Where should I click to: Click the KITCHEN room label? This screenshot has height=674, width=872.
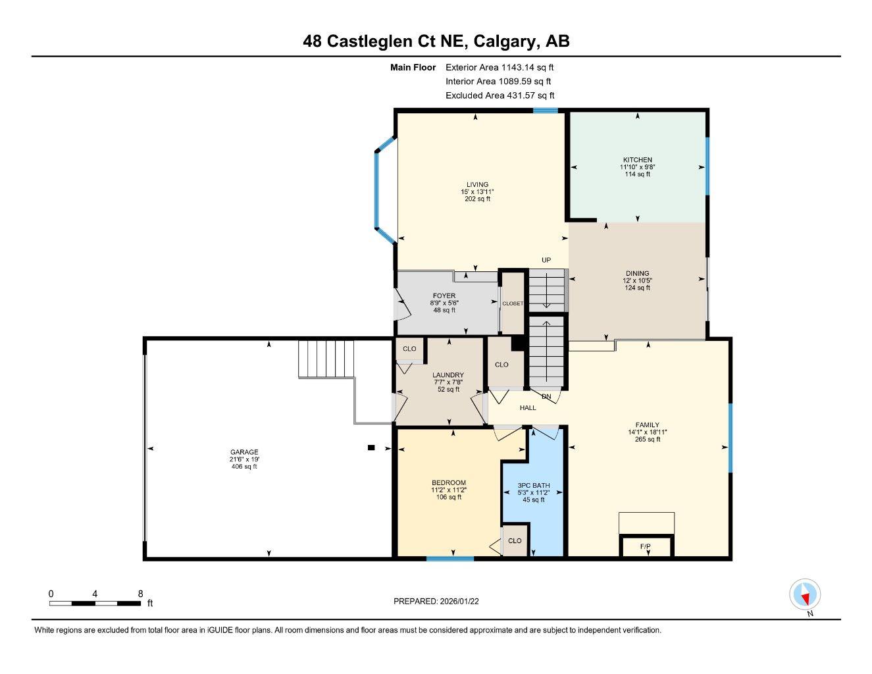coord(637,160)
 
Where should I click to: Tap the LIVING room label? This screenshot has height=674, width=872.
coord(477,185)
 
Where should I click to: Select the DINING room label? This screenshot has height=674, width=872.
coord(637,273)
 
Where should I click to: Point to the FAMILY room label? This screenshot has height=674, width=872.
coord(647,425)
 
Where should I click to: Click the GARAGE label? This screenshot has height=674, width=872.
coord(244,452)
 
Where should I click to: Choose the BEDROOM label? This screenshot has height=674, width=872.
coord(448,483)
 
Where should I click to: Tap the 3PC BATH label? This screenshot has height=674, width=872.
coord(533,486)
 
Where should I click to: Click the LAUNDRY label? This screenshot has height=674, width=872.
coord(448,375)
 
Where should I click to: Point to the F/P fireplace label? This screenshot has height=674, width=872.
coord(646,546)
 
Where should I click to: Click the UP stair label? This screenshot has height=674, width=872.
coord(546,260)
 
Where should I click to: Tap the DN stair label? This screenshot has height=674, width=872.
coord(546,397)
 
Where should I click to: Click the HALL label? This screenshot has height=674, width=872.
coord(528,408)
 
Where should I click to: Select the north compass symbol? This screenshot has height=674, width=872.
coord(804,595)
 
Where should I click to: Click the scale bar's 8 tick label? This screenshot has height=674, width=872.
coord(140,593)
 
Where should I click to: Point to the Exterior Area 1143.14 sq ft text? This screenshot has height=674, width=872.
coord(500,67)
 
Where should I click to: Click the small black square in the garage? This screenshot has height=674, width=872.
coord(371,448)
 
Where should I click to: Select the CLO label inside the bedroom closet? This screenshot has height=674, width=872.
coord(515,540)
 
